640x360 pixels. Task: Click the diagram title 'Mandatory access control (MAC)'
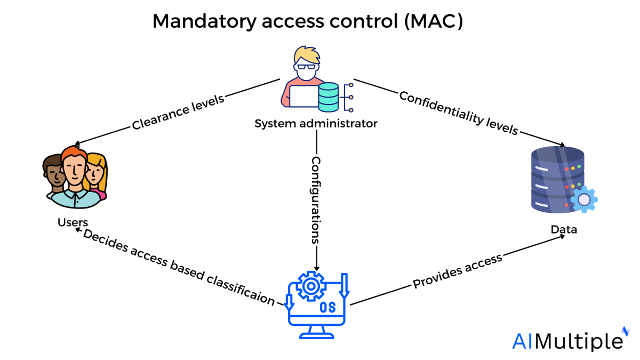[308, 21]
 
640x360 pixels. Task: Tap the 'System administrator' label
[316, 124]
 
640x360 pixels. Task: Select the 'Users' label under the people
[73, 221]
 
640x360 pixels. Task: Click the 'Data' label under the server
[564, 230]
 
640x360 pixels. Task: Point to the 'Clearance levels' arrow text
[178, 113]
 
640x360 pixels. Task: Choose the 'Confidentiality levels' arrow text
[458, 113]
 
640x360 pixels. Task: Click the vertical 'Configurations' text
[316, 200]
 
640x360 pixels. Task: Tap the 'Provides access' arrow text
[458, 271]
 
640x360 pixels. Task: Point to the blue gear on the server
[584, 199]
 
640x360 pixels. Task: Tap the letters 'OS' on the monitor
[327, 308]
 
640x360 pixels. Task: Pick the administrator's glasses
[306, 67]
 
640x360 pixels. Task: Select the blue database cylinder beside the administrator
[329, 96]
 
